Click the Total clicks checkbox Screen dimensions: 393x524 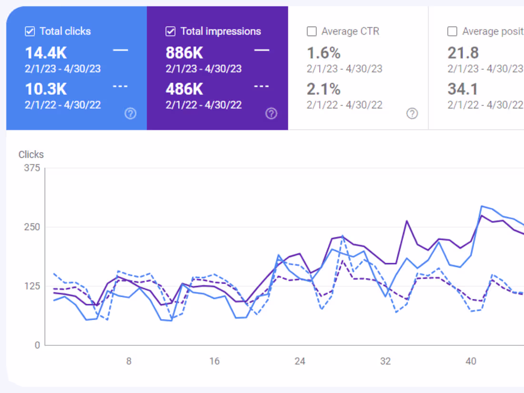click(30, 31)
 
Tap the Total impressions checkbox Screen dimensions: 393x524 click(171, 31)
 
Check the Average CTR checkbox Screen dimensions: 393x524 click(312, 31)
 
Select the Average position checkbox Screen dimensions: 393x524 click(452, 31)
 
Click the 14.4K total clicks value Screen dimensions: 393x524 click(46, 52)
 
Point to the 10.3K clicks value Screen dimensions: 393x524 click(46, 89)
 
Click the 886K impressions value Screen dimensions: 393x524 click(184, 52)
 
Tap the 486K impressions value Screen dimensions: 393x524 click(184, 89)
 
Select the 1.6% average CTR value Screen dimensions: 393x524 click(323, 52)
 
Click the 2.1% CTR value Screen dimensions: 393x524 click(323, 89)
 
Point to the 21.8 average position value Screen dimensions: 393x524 click(463, 52)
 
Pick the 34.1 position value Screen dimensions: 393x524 click(463, 89)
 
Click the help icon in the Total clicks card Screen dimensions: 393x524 click(131, 113)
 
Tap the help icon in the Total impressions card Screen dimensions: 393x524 click(271, 113)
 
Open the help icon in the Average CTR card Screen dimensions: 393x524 click(412, 113)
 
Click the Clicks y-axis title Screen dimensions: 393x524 click(31, 154)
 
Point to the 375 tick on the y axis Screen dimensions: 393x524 click(32, 168)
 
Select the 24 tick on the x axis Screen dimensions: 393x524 click(300, 361)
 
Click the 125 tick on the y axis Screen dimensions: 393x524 click(32, 286)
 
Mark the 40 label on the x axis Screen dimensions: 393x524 click(471, 361)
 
